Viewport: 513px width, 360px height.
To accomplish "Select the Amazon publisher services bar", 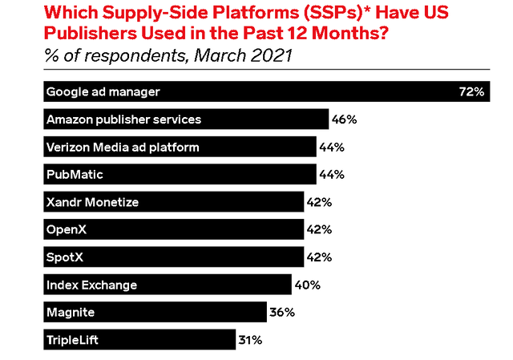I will click(x=184, y=119).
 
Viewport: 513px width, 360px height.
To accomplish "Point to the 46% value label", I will click(x=344, y=119).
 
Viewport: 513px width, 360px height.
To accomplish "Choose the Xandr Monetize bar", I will click(x=172, y=202).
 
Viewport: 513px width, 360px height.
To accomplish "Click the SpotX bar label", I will click(x=66, y=257).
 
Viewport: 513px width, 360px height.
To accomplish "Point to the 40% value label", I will click(x=306, y=285).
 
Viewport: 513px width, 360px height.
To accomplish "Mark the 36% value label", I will click(x=281, y=312).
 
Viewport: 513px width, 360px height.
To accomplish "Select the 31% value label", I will click(x=250, y=340).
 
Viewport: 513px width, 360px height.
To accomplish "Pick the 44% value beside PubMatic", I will click(x=331, y=174).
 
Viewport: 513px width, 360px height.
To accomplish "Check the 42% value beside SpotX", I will click(x=320, y=257).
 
